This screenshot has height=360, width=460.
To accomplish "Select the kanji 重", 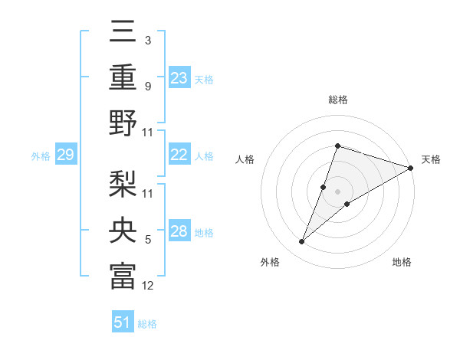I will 123,77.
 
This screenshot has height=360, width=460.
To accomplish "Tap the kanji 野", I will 123,123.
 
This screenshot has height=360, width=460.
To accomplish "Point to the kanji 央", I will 123,231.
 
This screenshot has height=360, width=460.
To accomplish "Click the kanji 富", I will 123,276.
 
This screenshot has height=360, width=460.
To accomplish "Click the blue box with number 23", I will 179,77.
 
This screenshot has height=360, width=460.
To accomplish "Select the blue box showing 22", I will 179,155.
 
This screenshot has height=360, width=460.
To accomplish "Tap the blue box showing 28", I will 179,231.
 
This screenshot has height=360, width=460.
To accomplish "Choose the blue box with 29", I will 65,155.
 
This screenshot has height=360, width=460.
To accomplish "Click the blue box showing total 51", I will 123,322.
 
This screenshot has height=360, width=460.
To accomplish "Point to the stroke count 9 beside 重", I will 148,86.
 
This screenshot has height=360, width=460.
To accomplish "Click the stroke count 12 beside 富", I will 148,286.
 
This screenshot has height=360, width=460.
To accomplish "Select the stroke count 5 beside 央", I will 148,240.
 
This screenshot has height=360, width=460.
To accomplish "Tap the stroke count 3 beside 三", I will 148,41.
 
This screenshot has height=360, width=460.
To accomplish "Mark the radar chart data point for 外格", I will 301,242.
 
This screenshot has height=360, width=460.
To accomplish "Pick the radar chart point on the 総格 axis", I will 337,146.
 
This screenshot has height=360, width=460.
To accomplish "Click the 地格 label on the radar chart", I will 402,263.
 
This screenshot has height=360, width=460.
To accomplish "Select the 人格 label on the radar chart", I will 245,160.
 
